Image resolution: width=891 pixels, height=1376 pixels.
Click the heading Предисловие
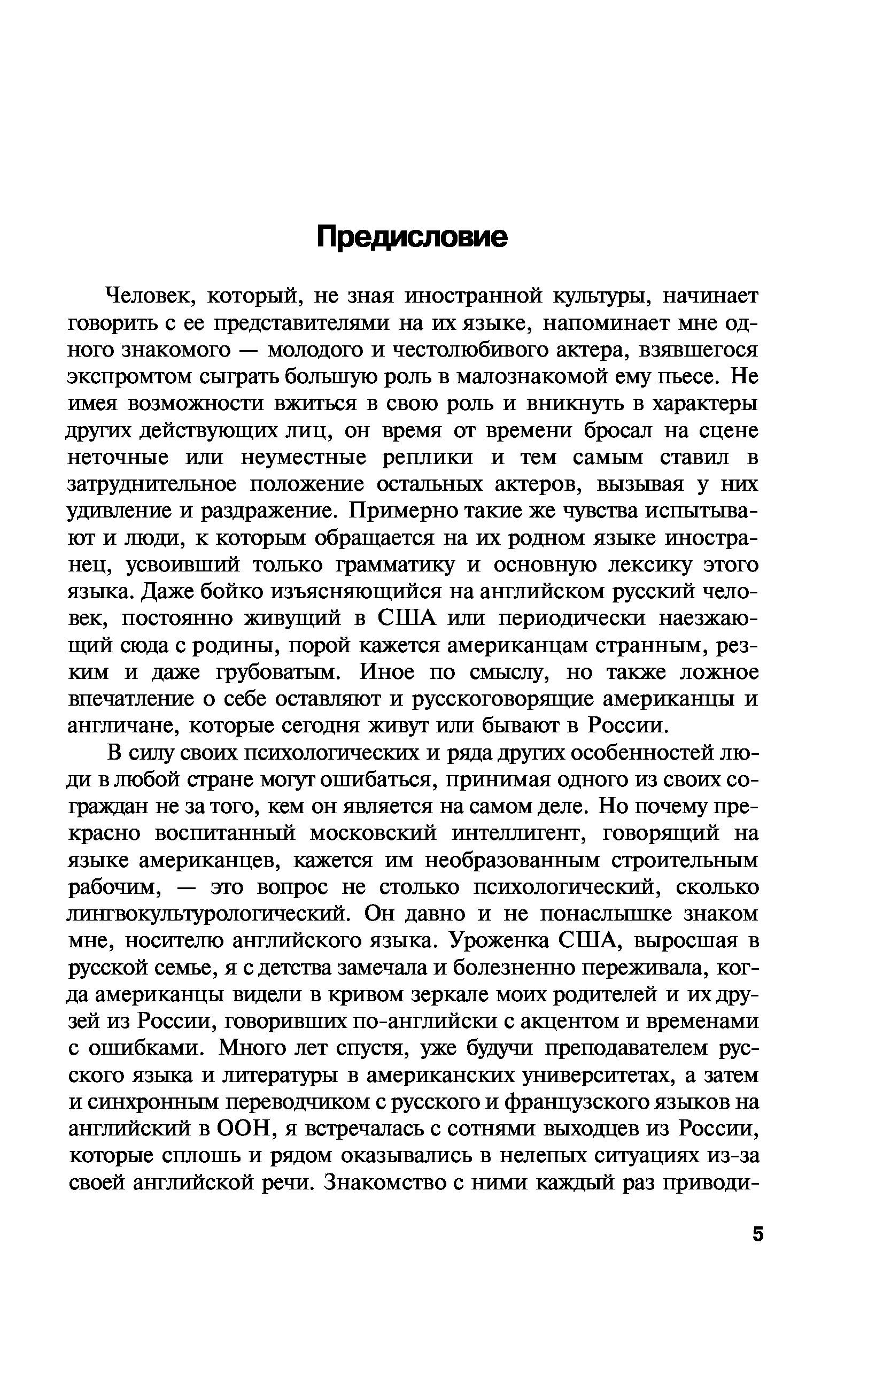(412, 236)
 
